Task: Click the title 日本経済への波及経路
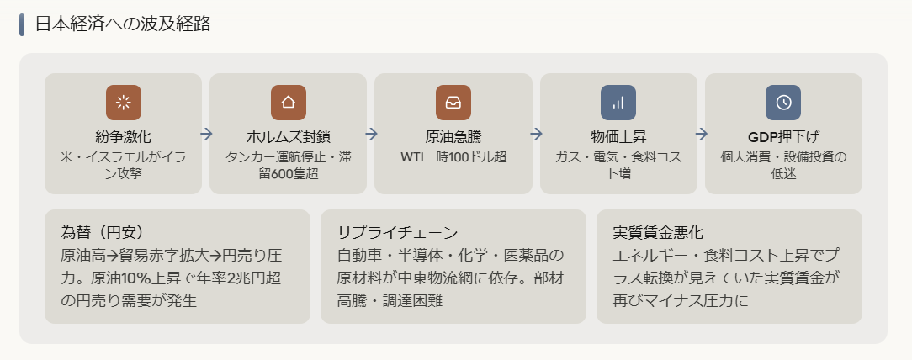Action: (x=123, y=24)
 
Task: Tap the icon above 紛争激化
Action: (x=123, y=103)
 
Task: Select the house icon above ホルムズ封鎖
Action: (x=288, y=103)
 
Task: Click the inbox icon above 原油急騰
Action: (x=453, y=103)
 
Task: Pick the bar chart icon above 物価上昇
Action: (x=618, y=103)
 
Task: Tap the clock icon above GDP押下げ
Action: (x=783, y=103)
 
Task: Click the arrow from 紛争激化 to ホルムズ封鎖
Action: (x=206, y=134)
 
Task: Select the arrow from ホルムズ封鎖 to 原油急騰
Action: (x=371, y=134)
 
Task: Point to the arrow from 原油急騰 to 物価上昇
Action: (x=536, y=134)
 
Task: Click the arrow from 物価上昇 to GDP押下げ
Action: (x=701, y=134)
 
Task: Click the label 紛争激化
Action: (x=123, y=137)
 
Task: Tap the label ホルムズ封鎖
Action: (x=288, y=137)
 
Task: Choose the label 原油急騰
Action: (x=453, y=137)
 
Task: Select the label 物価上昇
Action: (x=618, y=137)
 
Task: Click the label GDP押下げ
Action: (x=783, y=137)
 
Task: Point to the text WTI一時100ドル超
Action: (x=453, y=156)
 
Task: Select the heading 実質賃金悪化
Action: (x=658, y=232)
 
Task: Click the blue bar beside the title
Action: (x=22, y=24)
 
